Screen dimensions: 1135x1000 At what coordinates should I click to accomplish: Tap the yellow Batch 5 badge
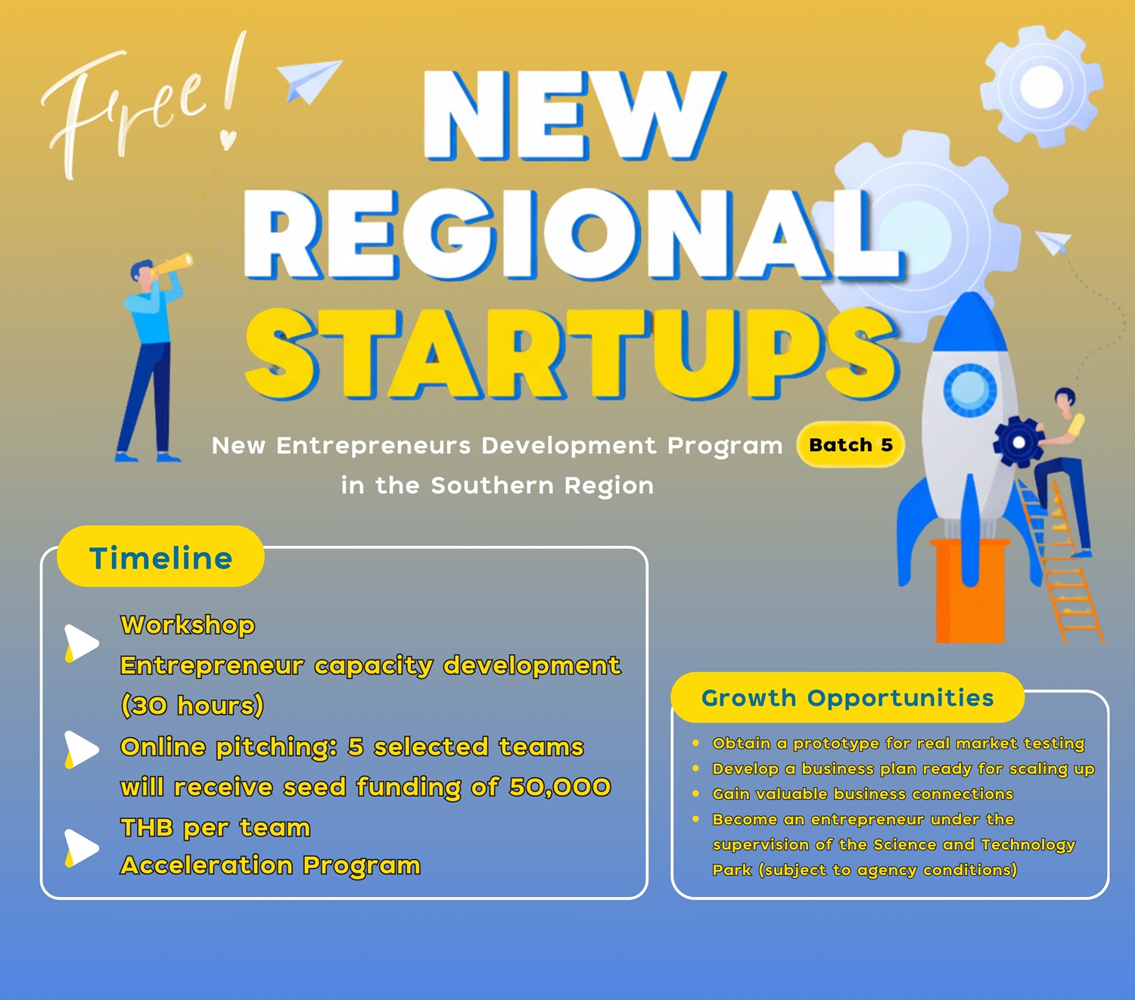(x=850, y=444)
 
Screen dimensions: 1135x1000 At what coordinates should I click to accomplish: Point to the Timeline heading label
(x=160, y=557)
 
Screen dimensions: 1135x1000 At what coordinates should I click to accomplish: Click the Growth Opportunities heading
(x=847, y=698)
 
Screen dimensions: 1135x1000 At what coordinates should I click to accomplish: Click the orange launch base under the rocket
(x=970, y=590)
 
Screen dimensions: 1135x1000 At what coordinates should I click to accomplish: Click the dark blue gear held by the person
(x=1019, y=442)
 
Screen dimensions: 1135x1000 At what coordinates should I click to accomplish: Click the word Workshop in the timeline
(x=188, y=625)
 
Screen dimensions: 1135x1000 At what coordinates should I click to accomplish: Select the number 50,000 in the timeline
(x=560, y=787)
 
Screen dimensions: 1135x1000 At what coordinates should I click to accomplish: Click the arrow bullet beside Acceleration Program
(x=82, y=849)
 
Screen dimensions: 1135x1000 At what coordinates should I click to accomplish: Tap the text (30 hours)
(x=192, y=706)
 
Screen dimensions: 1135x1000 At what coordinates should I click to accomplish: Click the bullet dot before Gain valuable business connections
(x=696, y=794)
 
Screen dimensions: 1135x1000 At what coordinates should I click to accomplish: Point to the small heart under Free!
(x=228, y=139)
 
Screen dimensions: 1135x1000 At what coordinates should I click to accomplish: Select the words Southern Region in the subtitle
(x=543, y=485)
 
